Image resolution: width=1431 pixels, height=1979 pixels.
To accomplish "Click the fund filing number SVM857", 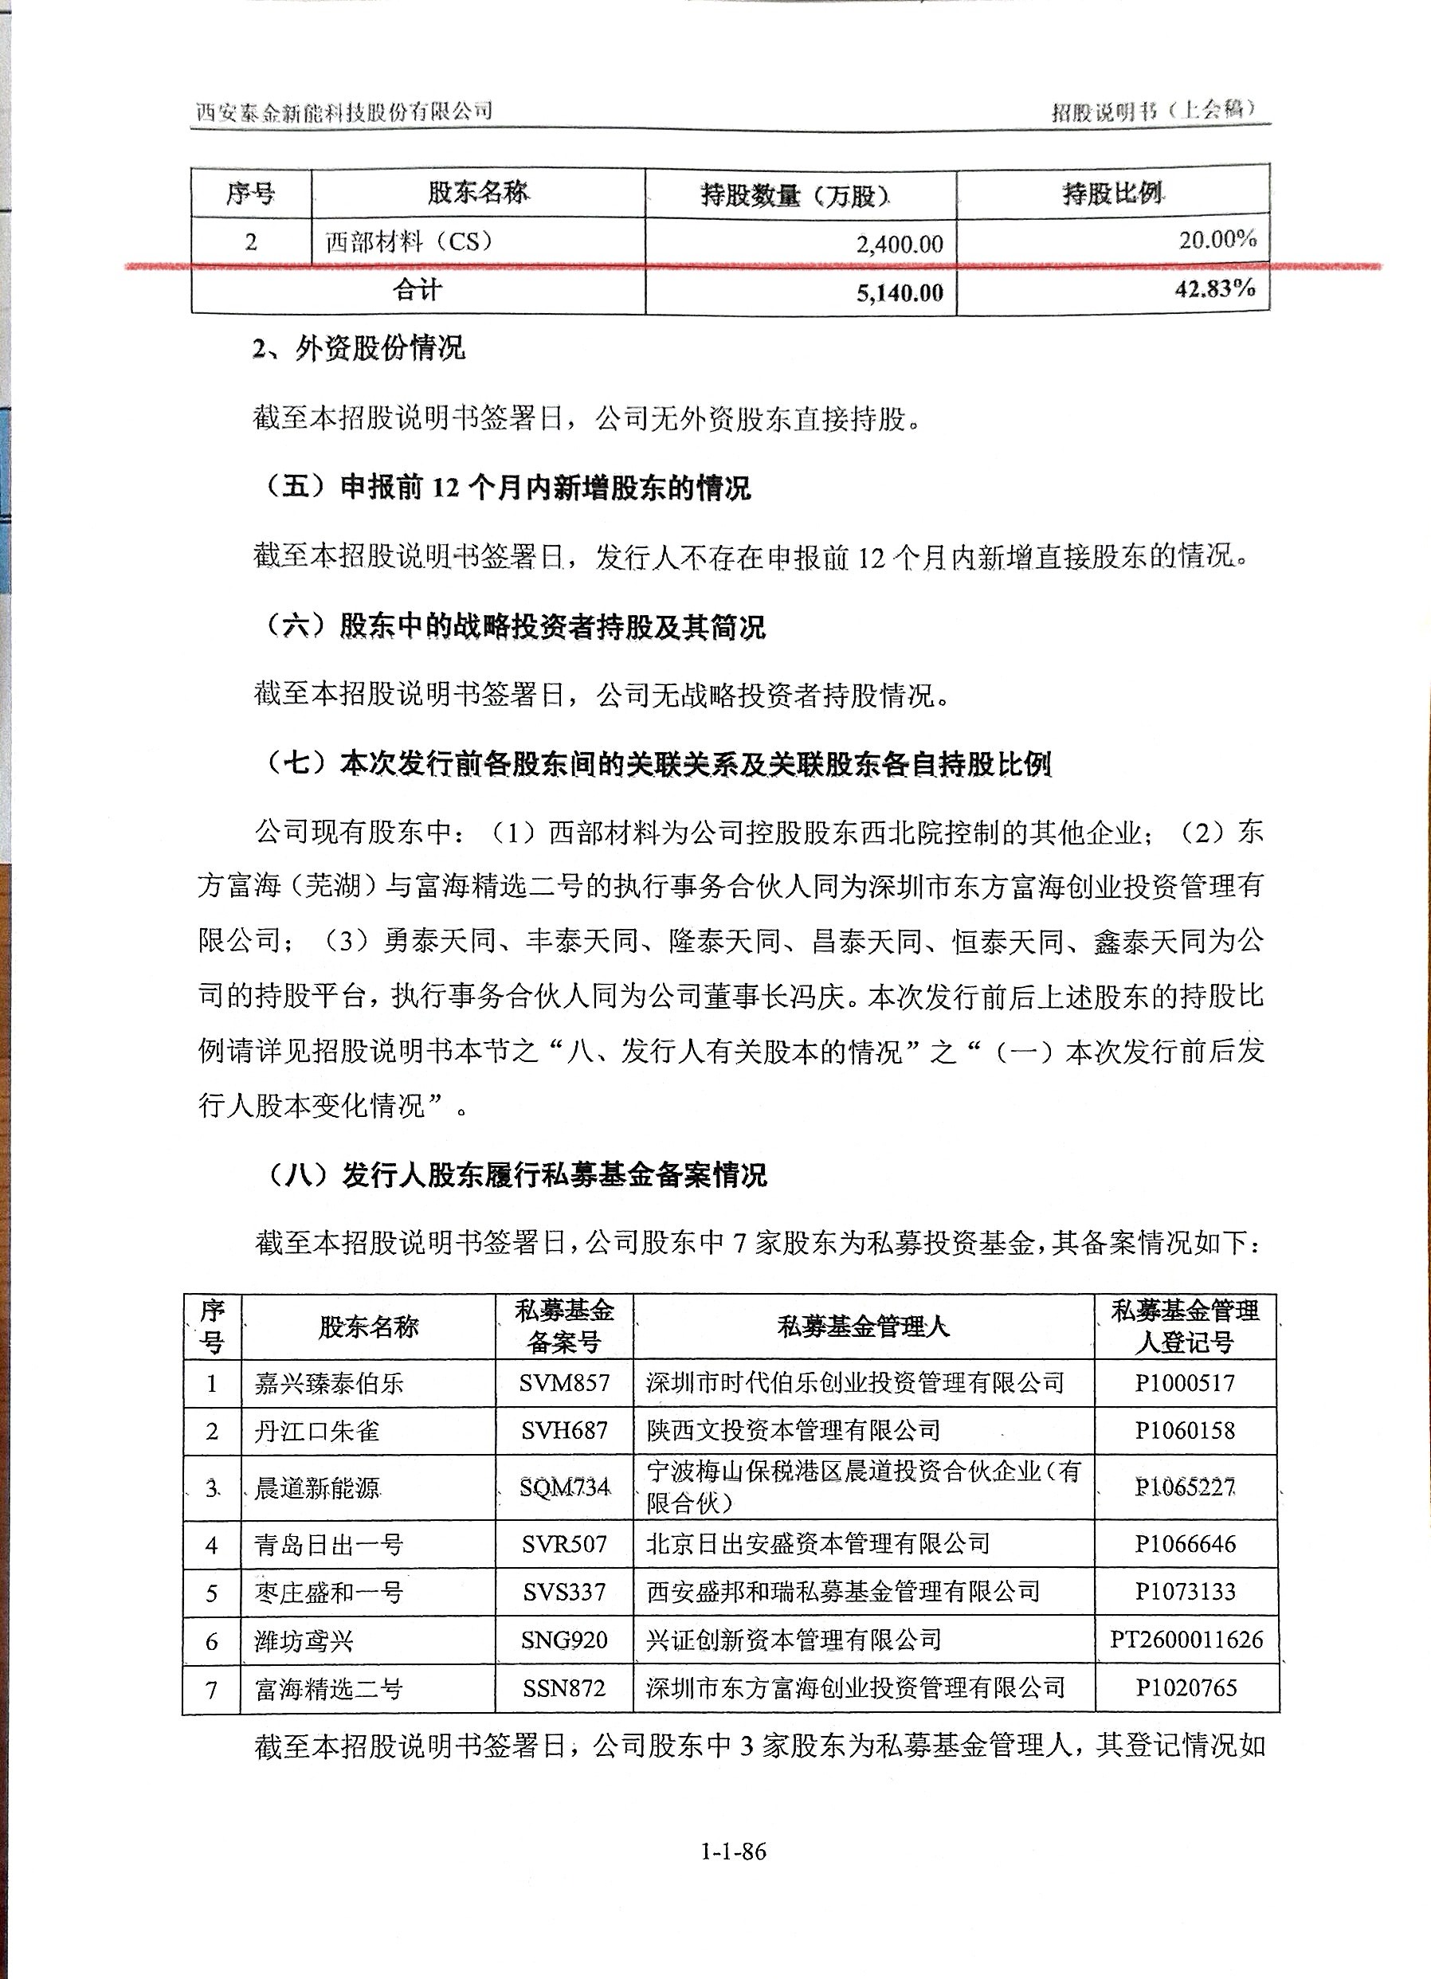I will (563, 1383).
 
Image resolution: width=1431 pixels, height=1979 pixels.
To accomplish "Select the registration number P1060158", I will (1185, 1430).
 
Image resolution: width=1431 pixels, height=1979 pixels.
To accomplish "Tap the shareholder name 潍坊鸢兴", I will (304, 1641).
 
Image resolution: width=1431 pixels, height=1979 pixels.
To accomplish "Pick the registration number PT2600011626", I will (1186, 1639).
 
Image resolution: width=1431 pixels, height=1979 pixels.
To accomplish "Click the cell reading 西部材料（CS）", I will (410, 241).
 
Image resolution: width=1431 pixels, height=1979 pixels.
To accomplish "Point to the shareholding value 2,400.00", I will (900, 244).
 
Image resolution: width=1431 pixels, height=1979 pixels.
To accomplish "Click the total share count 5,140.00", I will (900, 292).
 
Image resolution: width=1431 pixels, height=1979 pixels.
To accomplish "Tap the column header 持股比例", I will (1112, 193).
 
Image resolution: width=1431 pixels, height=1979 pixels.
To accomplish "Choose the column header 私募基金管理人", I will (863, 1327).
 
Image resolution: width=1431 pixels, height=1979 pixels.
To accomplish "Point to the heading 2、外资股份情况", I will (359, 349).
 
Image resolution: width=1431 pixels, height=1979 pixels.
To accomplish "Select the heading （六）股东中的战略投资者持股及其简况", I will (516, 626).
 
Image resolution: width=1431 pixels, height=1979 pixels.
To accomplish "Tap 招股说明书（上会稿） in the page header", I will (1154, 110).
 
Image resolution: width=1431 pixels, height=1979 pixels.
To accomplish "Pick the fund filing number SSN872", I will (563, 1687).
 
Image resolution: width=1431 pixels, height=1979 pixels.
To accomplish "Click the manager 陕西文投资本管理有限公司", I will (793, 1430).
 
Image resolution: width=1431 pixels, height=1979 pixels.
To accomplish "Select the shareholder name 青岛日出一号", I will (328, 1546).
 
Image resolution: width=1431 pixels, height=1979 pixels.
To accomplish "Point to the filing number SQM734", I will (563, 1487).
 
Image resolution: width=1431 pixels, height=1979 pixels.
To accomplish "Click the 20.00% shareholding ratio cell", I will (1217, 239).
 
